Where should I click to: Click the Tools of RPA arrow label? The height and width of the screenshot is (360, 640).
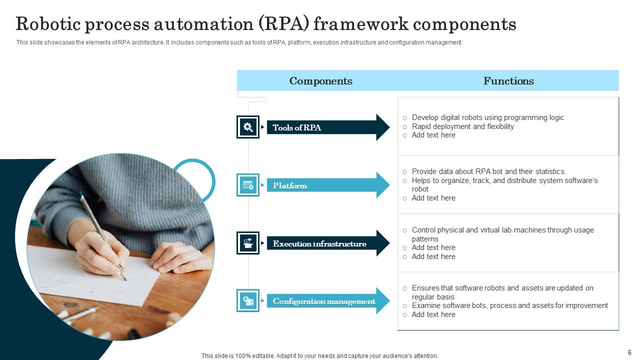click(x=297, y=127)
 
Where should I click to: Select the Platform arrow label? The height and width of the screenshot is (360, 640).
click(x=290, y=185)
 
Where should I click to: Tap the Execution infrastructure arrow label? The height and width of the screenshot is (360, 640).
click(x=319, y=244)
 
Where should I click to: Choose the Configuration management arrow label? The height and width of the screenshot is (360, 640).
click(x=324, y=301)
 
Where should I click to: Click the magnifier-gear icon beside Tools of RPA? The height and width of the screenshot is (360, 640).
click(x=248, y=127)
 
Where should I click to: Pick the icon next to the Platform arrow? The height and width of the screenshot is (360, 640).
click(x=248, y=185)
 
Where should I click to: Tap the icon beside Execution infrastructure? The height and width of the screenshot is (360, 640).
click(x=248, y=243)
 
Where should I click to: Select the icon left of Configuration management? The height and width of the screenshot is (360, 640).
click(x=248, y=301)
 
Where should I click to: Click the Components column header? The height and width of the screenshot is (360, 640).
click(x=320, y=81)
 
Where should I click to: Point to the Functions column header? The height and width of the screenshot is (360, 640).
click(x=508, y=81)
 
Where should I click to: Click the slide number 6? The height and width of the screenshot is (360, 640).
click(x=629, y=352)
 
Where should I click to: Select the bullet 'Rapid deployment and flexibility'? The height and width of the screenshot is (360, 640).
click(x=462, y=126)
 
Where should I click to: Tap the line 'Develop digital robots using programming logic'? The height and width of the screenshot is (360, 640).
click(x=487, y=117)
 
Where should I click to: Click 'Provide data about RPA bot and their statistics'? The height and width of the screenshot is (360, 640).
click(x=488, y=171)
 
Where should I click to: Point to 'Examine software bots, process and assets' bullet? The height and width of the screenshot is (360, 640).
click(x=509, y=305)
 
